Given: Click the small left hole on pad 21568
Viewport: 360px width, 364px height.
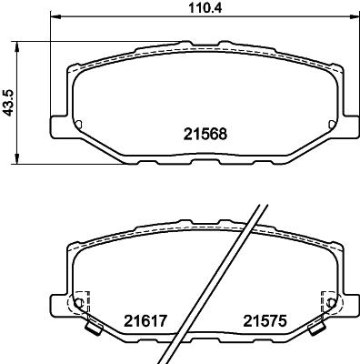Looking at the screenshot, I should tap(78, 125).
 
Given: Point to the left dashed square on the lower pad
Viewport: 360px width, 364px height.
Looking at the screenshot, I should tap(80, 300).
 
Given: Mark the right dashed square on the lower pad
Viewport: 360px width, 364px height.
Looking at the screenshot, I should tap(328, 300).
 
